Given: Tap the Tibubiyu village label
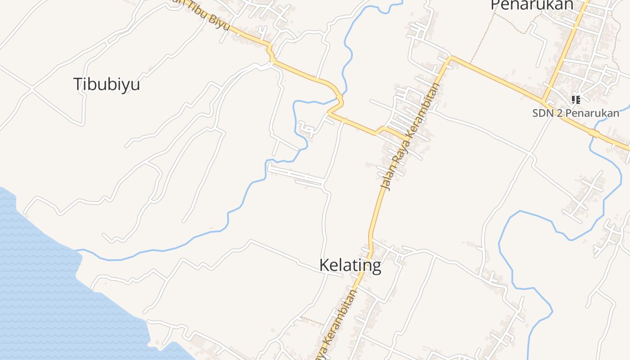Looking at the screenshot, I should coord(107,84).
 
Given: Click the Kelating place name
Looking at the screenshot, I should coord(350,265).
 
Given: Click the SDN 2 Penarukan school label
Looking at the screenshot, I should coord(576,113).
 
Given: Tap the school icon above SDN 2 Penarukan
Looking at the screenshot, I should coord(576,99).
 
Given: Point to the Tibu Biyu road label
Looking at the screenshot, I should coord(205,17).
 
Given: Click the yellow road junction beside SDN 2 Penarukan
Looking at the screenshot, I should coord(544,100).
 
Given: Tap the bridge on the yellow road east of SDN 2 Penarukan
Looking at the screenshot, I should coord(594,133).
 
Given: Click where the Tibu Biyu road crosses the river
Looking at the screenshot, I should coord(339,97).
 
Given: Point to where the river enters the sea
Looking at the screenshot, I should coord(77,250).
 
